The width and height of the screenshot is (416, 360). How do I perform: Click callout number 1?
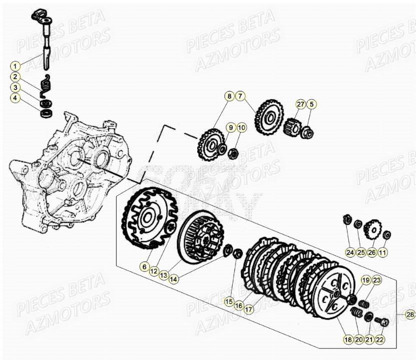[16, 66]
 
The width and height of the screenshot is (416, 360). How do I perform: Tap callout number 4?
[16, 98]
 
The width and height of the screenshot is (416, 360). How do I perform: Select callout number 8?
[229, 96]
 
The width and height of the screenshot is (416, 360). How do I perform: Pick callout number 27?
[300, 105]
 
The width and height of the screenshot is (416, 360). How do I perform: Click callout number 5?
[312, 105]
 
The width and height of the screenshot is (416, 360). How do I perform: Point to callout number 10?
[242, 128]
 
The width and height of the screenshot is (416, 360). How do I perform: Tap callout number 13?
[164, 275]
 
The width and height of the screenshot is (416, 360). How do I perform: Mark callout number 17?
[249, 309]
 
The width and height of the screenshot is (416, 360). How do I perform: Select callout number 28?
[409, 315]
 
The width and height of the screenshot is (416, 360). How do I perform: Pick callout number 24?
[349, 252]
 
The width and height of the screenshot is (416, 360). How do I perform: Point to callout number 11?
[382, 252]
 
